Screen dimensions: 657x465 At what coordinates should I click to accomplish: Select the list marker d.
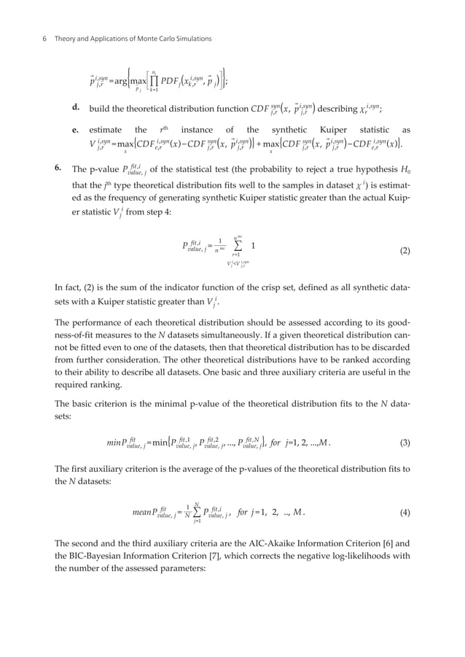75,108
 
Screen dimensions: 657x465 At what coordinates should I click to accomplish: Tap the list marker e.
75,129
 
